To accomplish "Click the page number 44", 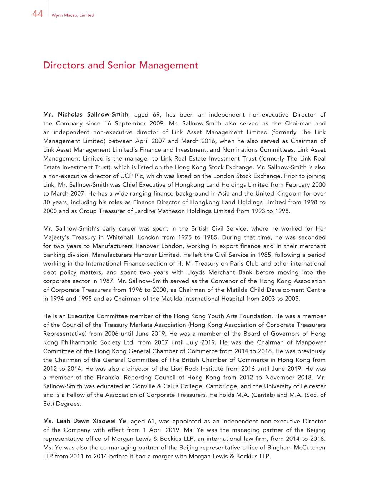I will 38,14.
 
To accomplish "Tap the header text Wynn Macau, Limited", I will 73,15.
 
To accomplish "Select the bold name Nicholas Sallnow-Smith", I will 93,115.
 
